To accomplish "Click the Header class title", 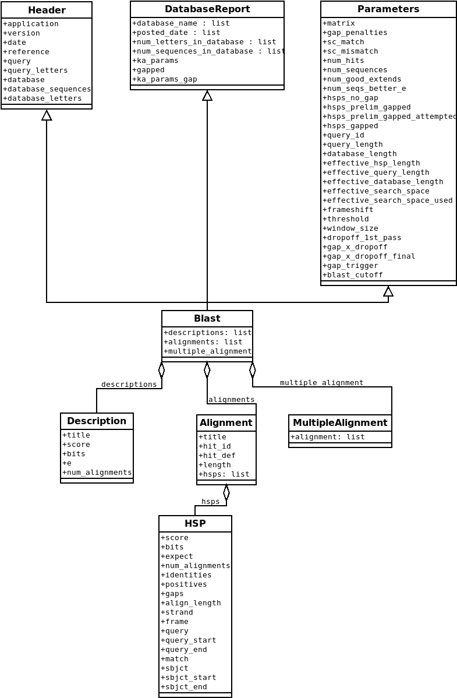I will click(47, 10).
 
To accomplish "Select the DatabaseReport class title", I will click(207, 9).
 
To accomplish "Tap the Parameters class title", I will click(388, 9).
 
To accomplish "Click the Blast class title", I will click(207, 319).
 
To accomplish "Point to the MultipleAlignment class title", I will click(340, 423).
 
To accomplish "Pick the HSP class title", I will click(195, 524).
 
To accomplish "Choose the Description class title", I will click(97, 421).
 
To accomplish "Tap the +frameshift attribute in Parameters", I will click(348, 210).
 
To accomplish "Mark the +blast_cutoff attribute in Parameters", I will click(353, 275).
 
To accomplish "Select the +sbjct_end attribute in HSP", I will click(184, 687).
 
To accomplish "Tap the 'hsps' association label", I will click(210, 502).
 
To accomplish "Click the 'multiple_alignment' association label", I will click(321, 383).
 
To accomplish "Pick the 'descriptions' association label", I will click(129, 385).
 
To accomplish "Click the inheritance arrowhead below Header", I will click(47, 115).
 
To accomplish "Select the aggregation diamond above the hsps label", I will click(226, 492).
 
